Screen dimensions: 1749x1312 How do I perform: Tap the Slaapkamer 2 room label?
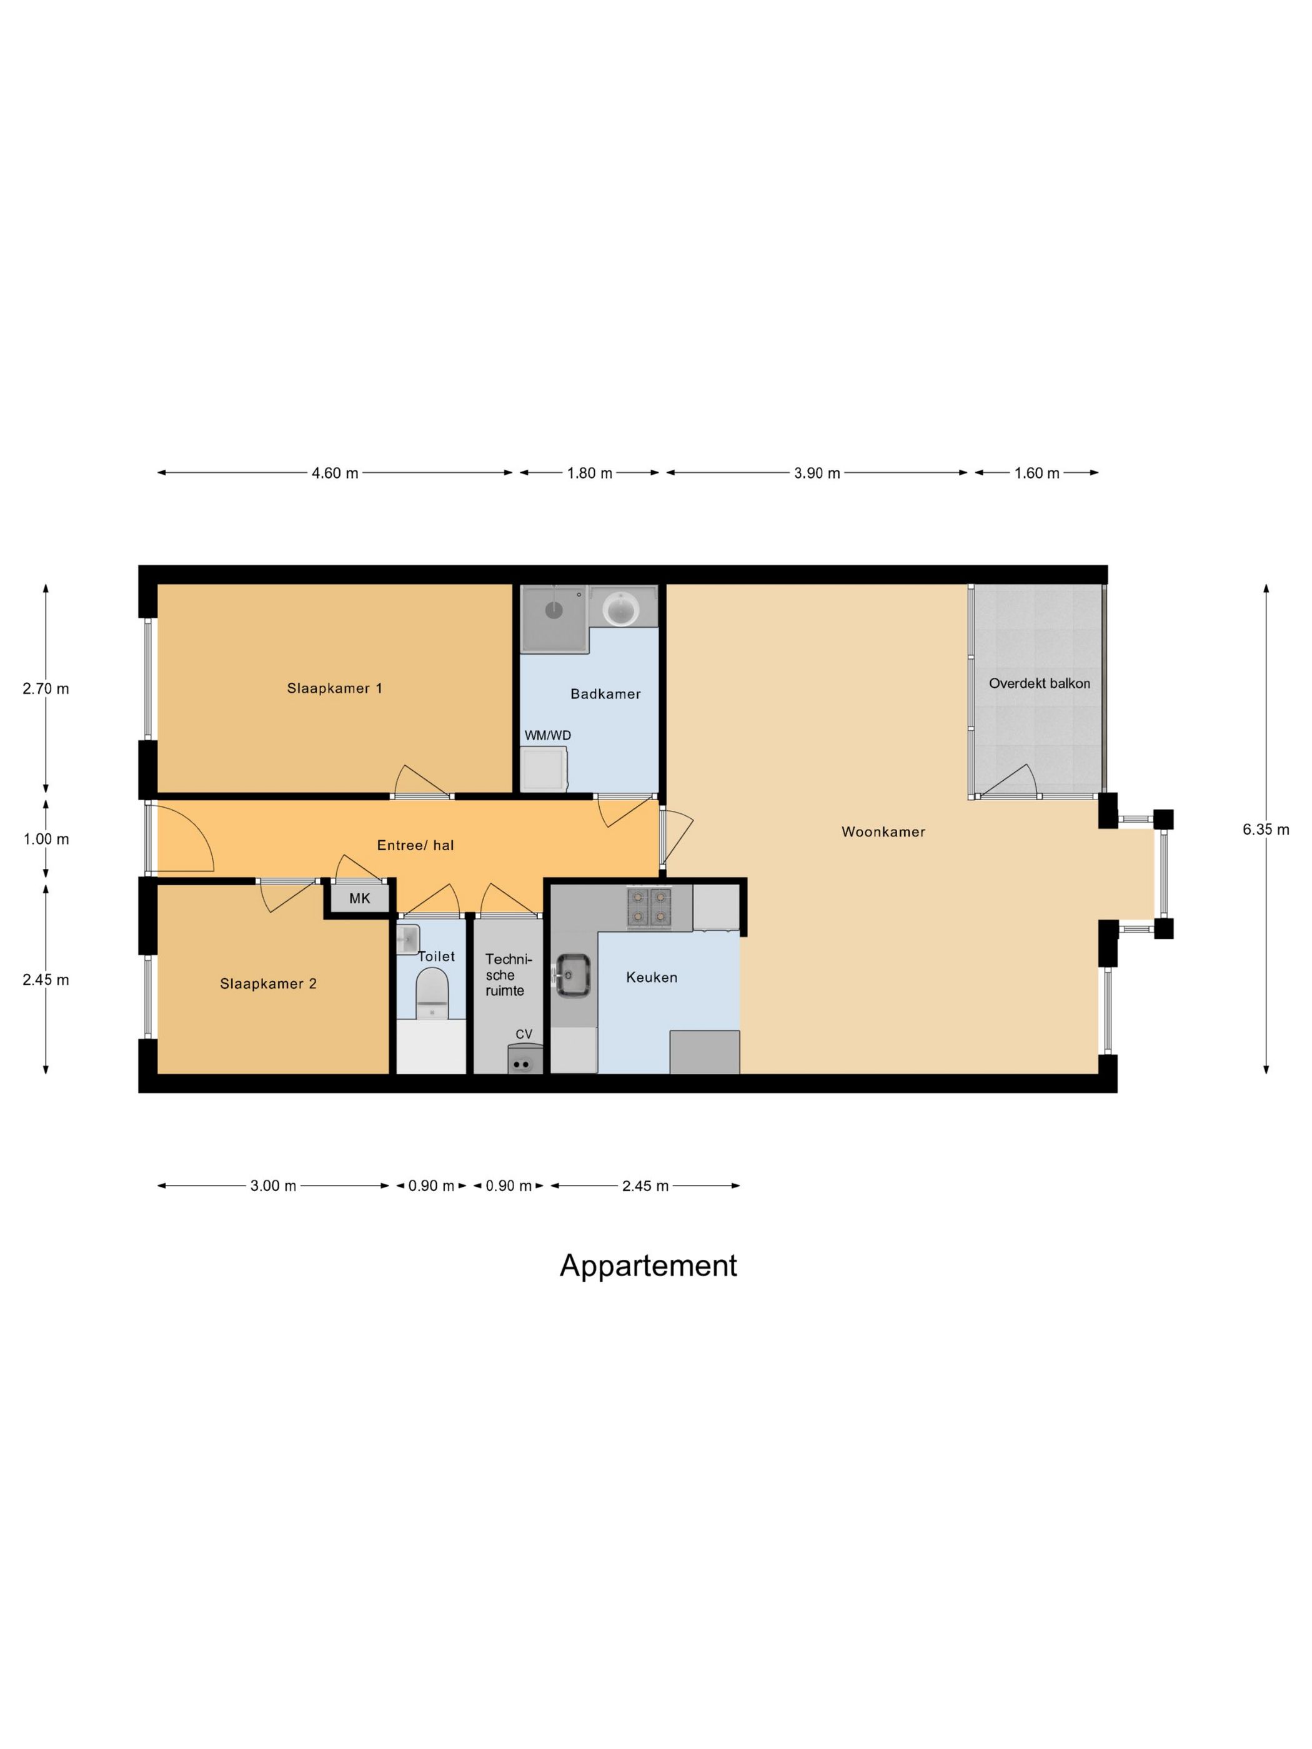(x=268, y=984)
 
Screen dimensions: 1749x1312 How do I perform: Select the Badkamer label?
(x=605, y=693)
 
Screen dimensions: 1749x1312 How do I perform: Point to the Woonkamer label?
(x=883, y=832)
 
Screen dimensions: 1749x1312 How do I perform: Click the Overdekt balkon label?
(x=1039, y=683)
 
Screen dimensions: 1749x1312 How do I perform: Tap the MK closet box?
(x=360, y=898)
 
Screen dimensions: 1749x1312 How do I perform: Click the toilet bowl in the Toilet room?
(x=432, y=994)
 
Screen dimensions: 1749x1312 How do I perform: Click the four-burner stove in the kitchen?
(x=649, y=906)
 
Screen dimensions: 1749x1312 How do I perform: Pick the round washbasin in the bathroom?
(x=622, y=610)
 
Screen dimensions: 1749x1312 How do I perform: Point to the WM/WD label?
(x=547, y=735)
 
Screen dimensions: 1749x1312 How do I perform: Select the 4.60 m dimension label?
(x=334, y=473)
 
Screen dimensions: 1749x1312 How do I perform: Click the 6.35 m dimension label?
(x=1265, y=830)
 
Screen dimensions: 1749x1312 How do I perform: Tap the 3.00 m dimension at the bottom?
(x=273, y=1186)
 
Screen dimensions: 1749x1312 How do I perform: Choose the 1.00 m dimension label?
(x=46, y=839)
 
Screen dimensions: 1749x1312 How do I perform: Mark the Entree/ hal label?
(x=415, y=845)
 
